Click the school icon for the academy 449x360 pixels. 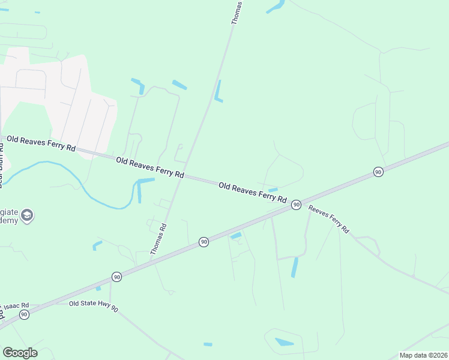(26, 215)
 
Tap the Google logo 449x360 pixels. (20, 353)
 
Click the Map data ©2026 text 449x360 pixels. (423, 355)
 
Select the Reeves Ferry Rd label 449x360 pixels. (328, 219)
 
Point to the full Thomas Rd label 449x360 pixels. (158, 238)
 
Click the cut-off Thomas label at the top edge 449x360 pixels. (237, 12)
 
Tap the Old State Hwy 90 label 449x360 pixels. (93, 304)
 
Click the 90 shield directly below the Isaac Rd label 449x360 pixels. (24, 314)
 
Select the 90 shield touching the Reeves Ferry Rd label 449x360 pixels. (296, 205)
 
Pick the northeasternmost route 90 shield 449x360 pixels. (378, 172)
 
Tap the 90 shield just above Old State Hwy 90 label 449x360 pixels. (116, 277)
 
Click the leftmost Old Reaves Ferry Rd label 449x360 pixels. (41, 143)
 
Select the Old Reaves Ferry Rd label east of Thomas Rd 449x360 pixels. (252, 192)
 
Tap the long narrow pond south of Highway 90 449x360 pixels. (294, 267)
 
